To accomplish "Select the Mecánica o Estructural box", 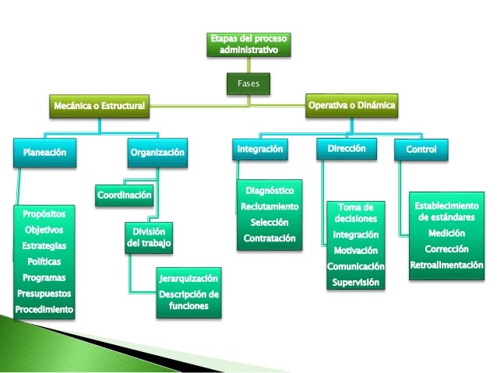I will click(98, 105).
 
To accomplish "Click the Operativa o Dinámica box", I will click(352, 104).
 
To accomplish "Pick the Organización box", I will click(158, 153).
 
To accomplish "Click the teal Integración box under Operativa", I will click(259, 149).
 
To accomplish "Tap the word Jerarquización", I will click(189, 278).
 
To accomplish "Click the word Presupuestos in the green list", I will click(44, 294).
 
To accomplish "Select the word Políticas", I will click(44, 262).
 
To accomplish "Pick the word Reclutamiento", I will click(270, 206).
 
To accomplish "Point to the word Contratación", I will click(270, 238).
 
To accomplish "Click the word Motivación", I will click(356, 251).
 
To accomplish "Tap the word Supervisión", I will click(356, 282).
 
